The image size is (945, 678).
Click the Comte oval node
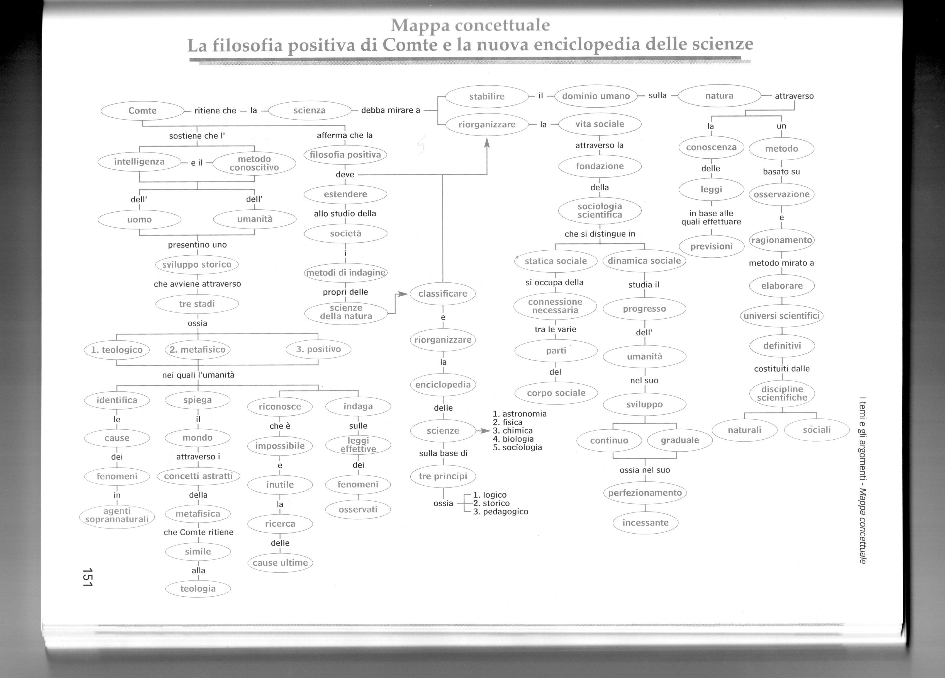(x=142, y=110)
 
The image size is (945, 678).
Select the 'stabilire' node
(x=487, y=96)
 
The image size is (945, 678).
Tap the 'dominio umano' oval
(x=596, y=96)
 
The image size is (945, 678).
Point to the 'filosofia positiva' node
(x=345, y=155)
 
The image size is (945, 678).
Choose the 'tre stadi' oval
(x=197, y=304)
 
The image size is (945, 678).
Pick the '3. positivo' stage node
(x=318, y=349)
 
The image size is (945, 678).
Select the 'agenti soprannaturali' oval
(x=117, y=515)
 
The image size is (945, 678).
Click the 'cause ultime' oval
(x=280, y=563)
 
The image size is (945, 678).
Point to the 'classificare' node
(x=442, y=294)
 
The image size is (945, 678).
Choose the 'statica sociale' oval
(x=556, y=261)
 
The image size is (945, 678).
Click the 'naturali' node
(x=745, y=430)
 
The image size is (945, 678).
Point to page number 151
(x=87, y=578)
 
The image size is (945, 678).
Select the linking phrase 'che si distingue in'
(x=600, y=234)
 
